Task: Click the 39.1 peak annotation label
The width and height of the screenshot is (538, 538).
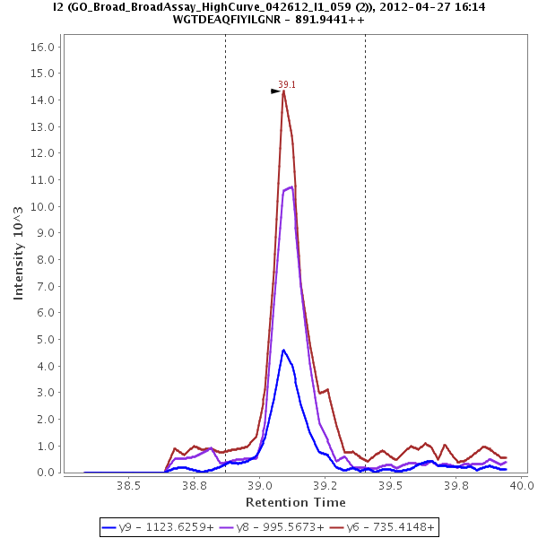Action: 287,84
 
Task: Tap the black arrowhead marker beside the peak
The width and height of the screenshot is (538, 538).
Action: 276,91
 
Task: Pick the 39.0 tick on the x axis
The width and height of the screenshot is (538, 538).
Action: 260,485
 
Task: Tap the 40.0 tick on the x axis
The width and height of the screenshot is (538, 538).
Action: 522,485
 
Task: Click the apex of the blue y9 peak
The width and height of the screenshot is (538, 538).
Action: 283,350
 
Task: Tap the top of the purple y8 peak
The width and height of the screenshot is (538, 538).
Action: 291,187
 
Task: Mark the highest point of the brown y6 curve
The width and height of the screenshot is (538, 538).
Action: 283,91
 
